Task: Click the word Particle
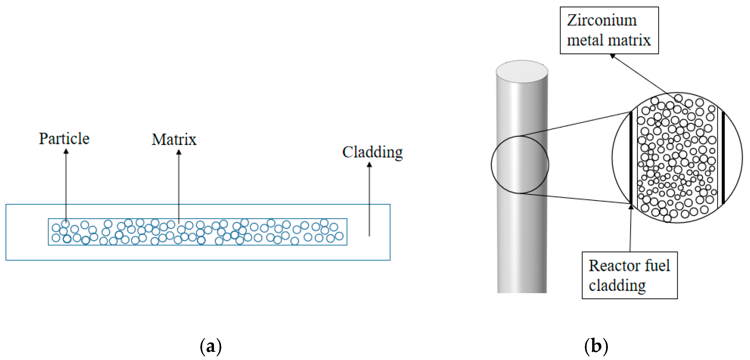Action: pos(64,139)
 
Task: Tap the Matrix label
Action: pos(174,139)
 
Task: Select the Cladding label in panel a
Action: pos(372,152)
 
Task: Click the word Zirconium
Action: pos(602,20)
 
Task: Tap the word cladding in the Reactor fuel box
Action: pos(617,285)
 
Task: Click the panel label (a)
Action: pos(211,346)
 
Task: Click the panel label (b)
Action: pos(596,346)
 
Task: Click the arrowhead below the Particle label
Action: pos(66,152)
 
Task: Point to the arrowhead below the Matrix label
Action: pos(179,152)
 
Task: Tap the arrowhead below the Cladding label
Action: pos(369,165)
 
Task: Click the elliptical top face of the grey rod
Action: pos(522,71)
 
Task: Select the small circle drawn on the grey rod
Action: pos(520,165)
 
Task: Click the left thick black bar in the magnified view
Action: pos(631,157)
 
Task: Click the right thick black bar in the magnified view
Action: pos(723,157)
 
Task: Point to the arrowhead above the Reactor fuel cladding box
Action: pos(631,207)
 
